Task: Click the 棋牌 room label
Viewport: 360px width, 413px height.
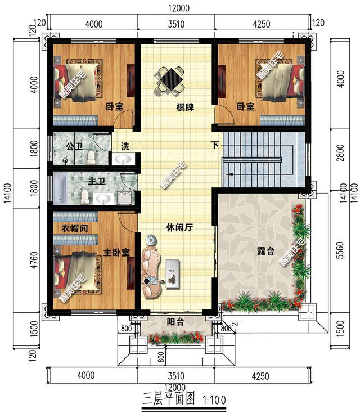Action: (185, 107)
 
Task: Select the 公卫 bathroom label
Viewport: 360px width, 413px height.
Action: (74, 146)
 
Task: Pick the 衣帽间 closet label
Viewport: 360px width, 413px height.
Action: (73, 228)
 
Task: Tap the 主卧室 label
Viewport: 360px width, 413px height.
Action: (116, 253)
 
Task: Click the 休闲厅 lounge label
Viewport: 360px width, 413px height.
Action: (180, 228)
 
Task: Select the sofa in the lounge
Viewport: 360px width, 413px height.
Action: (151, 266)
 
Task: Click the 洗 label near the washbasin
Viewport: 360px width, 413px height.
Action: (125, 146)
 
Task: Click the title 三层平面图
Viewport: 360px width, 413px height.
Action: (166, 400)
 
